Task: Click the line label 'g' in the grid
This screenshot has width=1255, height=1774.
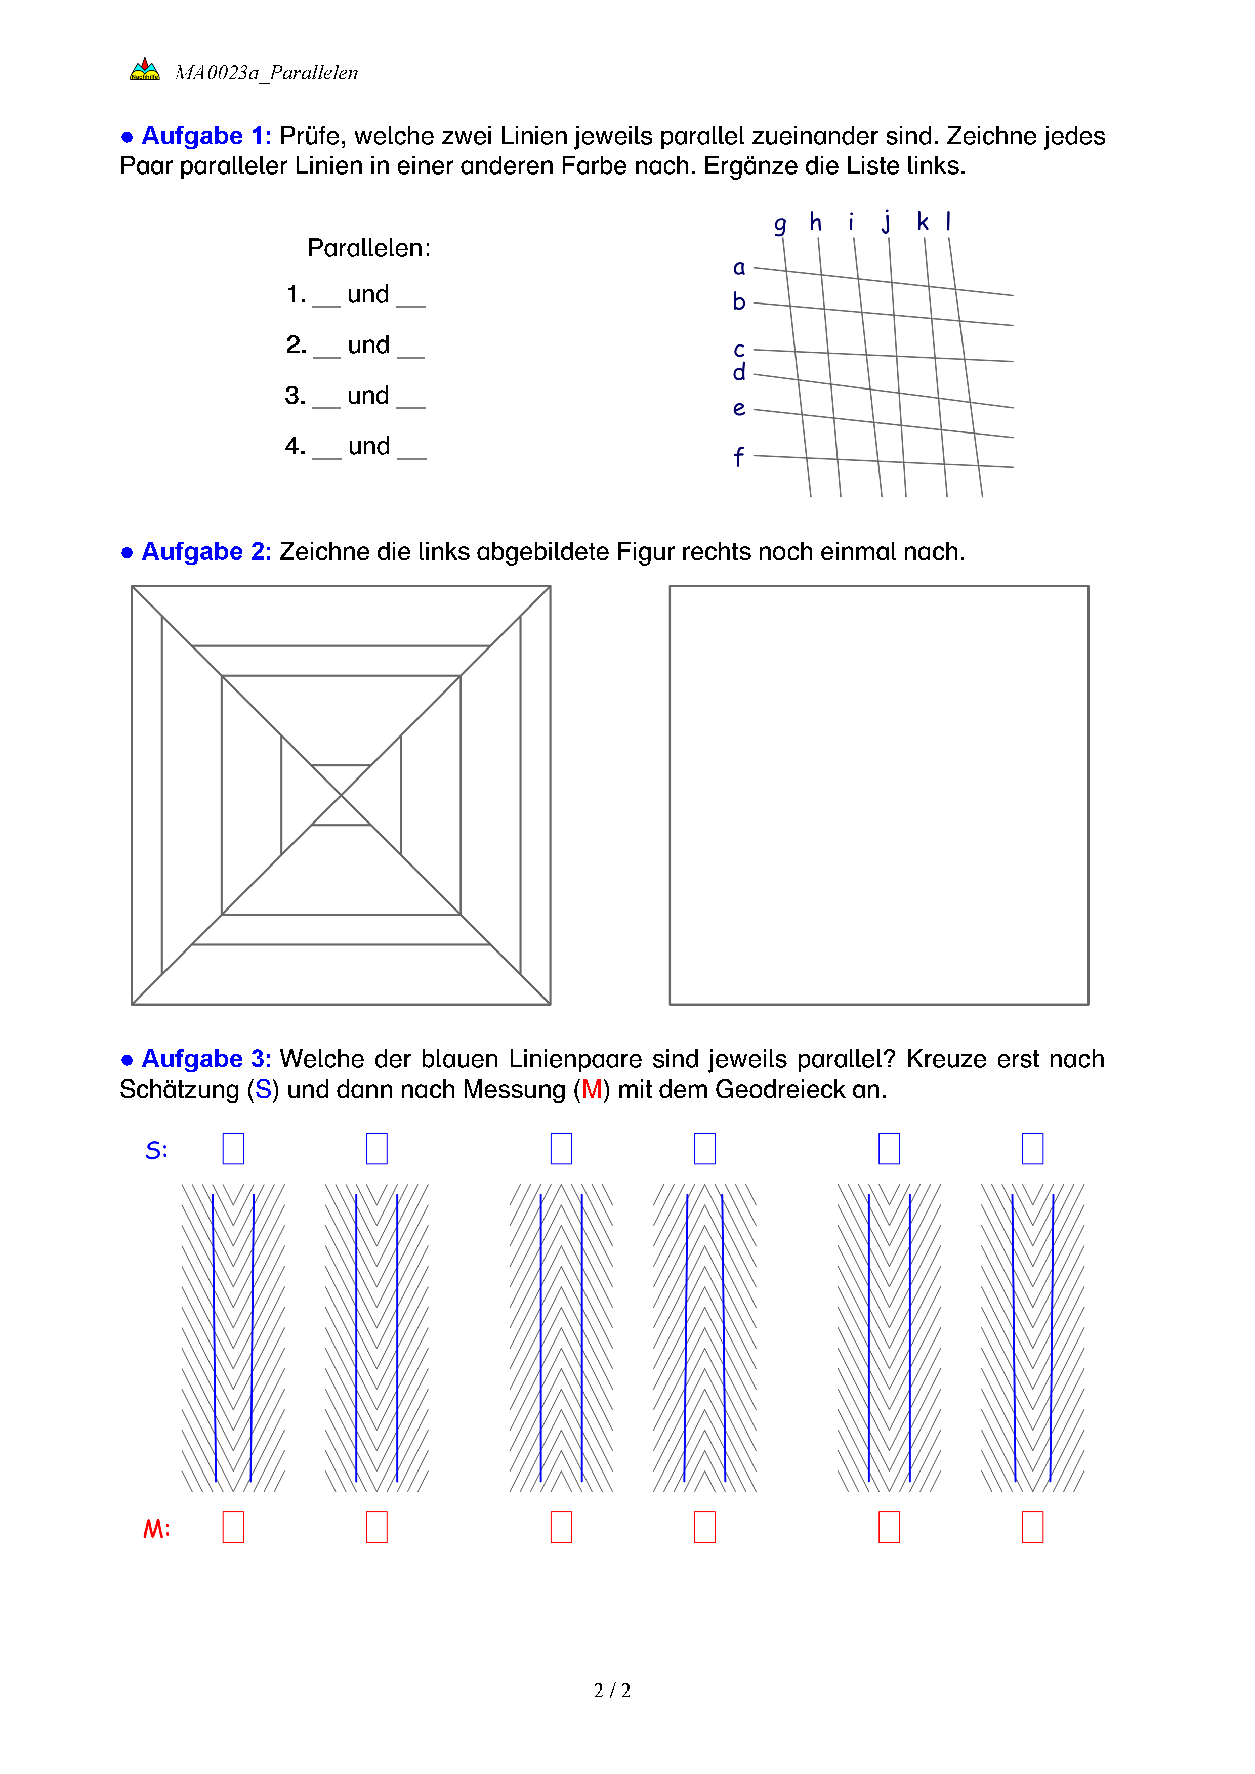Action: coord(780,224)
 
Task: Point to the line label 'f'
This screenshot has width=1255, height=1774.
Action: coord(739,457)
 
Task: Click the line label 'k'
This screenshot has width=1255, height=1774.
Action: coord(922,223)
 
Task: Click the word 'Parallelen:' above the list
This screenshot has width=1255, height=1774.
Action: coord(368,248)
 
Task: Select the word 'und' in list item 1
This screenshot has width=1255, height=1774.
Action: coord(368,294)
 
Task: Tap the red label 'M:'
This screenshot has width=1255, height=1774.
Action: coord(156,1529)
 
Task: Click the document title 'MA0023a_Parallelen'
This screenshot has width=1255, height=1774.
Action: coord(266,73)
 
